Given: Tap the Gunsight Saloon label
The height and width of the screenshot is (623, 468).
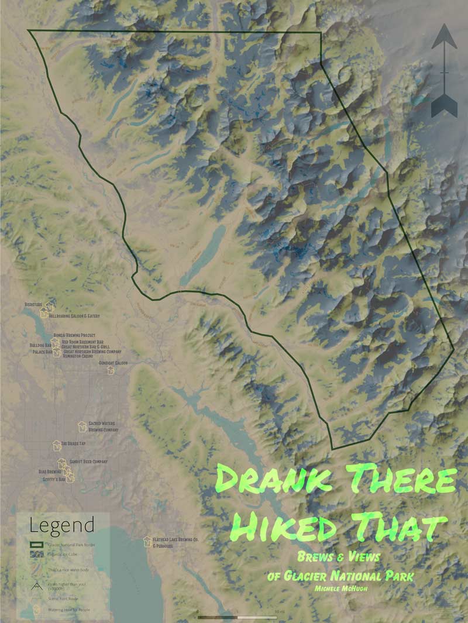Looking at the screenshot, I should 113,363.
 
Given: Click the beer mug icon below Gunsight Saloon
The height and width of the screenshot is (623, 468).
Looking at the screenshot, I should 111,370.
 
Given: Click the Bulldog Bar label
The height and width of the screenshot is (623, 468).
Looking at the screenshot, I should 40,346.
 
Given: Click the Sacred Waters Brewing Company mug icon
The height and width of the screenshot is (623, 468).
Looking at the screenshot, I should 82,425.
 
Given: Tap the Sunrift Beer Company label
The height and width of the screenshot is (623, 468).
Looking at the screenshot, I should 88,461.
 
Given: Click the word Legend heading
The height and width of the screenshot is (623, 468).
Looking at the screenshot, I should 62,525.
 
